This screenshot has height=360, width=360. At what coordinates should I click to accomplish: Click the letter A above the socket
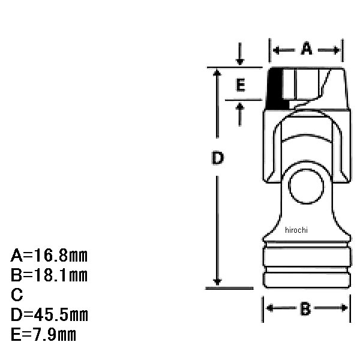tap(307, 49)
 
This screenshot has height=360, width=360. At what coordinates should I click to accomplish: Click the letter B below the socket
tap(305, 308)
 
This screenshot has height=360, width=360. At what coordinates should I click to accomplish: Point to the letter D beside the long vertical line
tap(217, 158)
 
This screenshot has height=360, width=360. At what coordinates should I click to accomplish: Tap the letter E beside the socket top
tap(241, 85)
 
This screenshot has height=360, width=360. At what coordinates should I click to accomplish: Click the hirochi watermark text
tap(296, 230)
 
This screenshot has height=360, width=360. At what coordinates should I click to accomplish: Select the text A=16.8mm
tap(49, 256)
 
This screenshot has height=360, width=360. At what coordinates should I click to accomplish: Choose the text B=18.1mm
tap(49, 275)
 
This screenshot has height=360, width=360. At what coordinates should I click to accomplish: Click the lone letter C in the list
tap(17, 295)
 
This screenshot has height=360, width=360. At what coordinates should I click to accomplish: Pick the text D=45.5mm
tap(49, 314)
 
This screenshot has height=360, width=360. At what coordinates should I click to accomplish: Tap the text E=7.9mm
tap(43, 334)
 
